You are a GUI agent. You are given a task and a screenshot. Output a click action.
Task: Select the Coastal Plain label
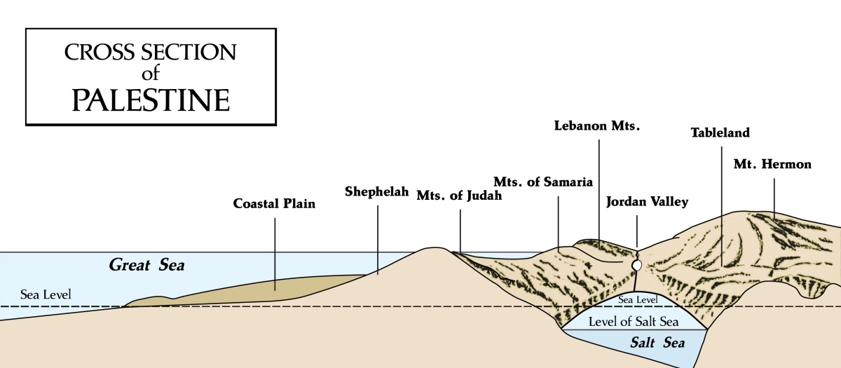275,205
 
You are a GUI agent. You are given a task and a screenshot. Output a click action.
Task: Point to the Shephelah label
376,191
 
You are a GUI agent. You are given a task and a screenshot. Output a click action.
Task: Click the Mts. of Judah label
459,196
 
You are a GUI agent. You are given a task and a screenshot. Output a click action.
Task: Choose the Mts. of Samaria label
544,181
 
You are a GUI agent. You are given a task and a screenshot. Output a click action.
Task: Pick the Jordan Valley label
647,202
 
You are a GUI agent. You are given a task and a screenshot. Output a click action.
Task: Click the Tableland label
720,132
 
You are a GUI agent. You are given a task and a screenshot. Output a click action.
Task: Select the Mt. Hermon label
772,165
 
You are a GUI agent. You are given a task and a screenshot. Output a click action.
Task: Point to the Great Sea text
150,265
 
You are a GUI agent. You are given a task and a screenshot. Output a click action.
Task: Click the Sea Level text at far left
46,294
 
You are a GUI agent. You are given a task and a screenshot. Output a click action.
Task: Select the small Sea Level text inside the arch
636,300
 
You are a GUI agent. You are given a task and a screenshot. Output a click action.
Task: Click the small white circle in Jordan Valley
637,266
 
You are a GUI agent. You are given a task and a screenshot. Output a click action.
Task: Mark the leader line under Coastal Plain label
275,252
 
